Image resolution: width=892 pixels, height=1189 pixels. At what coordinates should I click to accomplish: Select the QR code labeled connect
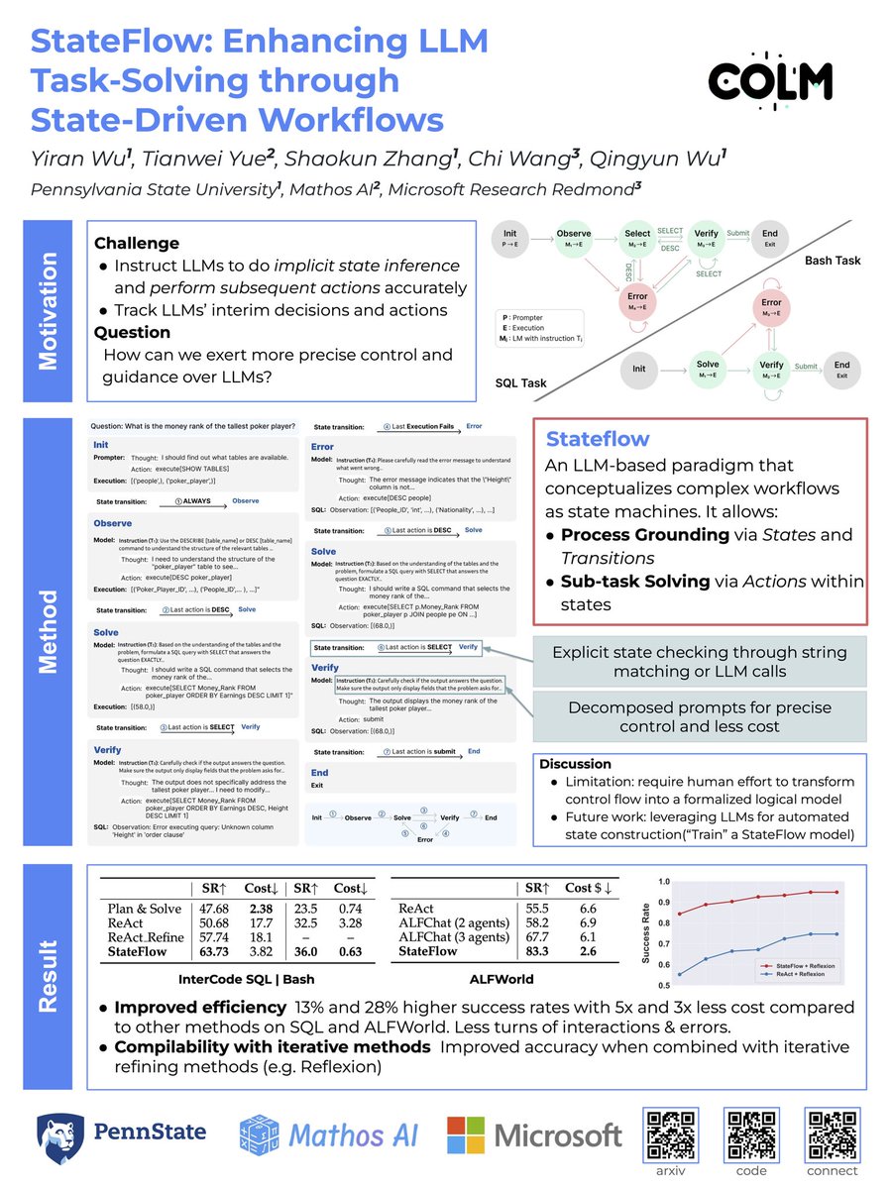click(832, 1129)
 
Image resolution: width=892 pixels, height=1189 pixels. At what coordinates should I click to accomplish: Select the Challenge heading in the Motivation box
click(137, 244)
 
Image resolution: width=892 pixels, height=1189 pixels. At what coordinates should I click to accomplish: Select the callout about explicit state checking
click(699, 660)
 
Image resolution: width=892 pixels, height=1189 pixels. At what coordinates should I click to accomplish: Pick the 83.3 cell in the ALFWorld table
click(539, 951)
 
